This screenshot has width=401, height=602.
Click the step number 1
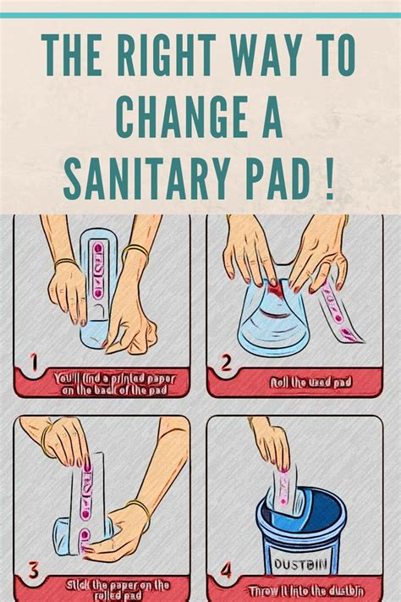pos(34,365)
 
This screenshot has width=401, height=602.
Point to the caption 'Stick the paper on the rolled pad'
pos(116,589)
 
